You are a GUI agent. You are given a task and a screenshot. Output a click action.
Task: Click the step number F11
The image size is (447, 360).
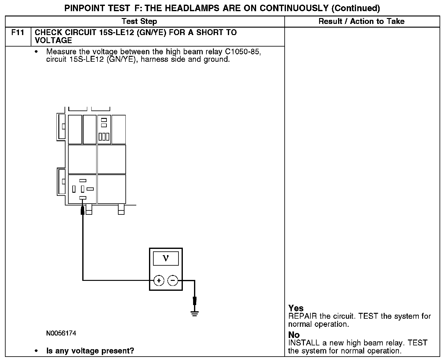pos(18,33)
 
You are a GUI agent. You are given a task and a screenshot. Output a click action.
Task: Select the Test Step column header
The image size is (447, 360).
pos(139,21)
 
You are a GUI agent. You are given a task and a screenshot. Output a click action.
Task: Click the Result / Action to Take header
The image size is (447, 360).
pos(361,21)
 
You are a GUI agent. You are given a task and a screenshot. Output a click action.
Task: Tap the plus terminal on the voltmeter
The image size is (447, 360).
pos(159,281)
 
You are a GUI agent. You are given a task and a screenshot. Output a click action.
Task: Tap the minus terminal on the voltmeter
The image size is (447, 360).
pos(173,281)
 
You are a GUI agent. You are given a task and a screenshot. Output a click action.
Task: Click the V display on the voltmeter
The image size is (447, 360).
pos(166,258)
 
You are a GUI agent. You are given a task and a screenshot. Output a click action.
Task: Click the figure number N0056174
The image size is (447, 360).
pos(61,333)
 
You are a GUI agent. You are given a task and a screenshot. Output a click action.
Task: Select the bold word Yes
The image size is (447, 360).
pos(296,308)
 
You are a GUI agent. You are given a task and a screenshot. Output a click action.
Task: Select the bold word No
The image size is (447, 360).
pos(294,335)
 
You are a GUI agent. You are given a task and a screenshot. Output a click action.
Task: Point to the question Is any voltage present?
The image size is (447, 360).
pos(90,351)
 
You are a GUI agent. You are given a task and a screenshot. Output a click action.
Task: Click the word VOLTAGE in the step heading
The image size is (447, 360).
pos(53,41)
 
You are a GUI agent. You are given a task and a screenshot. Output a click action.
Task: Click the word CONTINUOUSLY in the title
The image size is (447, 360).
pos(295,8)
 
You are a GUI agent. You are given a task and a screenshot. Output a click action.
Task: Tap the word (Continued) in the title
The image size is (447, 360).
pos(356,8)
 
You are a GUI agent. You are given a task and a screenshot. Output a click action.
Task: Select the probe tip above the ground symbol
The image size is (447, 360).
pos(195,301)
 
